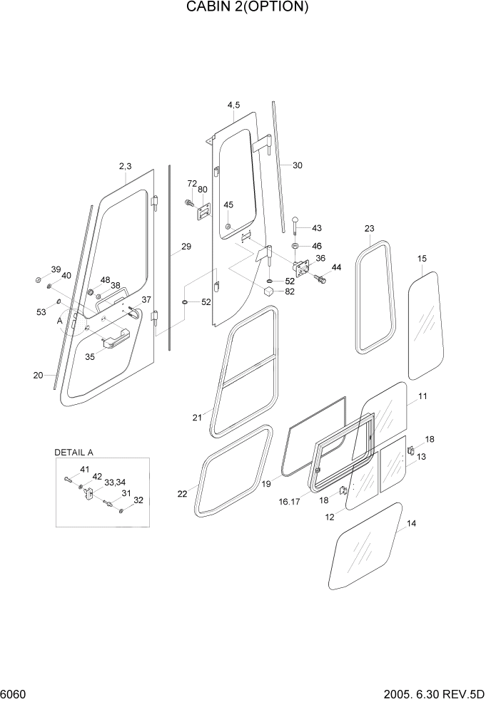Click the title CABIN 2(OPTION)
[x=248, y=8]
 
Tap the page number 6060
[x=14, y=694]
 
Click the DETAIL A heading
[x=74, y=453]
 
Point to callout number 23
[x=369, y=229]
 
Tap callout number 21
[x=197, y=418]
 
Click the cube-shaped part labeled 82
[x=269, y=291]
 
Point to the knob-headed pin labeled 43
[x=295, y=224]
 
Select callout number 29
[x=186, y=247]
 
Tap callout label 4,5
[x=233, y=105]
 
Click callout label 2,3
[x=125, y=166]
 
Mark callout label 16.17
[x=289, y=502]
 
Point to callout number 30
[x=297, y=165]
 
